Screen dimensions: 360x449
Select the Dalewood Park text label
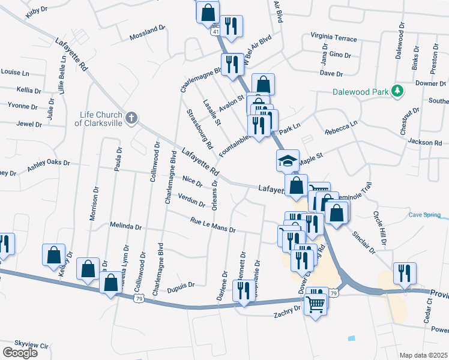point(360,92)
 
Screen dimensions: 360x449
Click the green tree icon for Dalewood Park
point(396,91)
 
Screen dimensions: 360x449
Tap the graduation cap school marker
point(287,160)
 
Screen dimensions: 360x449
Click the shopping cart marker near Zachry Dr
point(316,305)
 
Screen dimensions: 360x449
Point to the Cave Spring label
point(425,215)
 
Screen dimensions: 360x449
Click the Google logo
point(20,352)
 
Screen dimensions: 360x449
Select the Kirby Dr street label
point(37,12)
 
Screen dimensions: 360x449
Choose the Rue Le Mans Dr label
point(213,226)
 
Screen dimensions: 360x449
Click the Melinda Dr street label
point(125,227)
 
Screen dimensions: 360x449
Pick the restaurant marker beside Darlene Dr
point(243,291)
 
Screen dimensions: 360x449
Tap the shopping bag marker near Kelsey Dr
point(53,254)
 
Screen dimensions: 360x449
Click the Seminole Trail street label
point(355,188)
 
